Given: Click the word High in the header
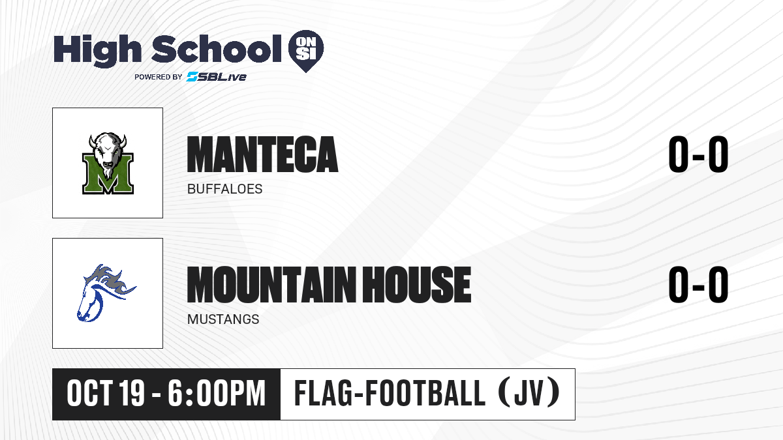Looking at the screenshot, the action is tap(97, 50).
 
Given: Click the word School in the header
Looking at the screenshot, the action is tap(217, 49).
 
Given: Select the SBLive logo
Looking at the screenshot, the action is tap(217, 76).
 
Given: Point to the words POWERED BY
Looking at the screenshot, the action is tap(159, 77).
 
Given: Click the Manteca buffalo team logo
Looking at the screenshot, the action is tap(108, 163).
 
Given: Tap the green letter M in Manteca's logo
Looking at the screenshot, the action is tap(108, 174).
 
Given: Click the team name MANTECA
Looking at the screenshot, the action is tap(262, 154).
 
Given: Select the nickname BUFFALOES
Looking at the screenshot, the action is tap(224, 189).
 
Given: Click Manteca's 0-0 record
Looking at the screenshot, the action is tap(698, 154).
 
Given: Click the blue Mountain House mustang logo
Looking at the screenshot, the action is tap(106, 293).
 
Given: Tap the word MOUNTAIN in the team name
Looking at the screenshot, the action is tap(271, 285).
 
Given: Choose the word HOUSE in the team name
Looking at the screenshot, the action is tap(416, 285).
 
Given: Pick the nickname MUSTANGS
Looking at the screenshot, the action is tap(223, 319).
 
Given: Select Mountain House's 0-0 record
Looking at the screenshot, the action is tap(698, 285).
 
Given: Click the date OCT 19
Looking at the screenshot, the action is tap(106, 394).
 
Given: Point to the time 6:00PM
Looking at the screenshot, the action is tap(217, 394).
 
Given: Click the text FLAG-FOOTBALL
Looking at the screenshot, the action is tap(390, 393).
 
